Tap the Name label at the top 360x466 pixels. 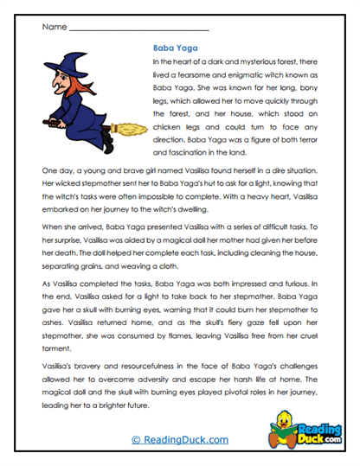click(53, 27)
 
